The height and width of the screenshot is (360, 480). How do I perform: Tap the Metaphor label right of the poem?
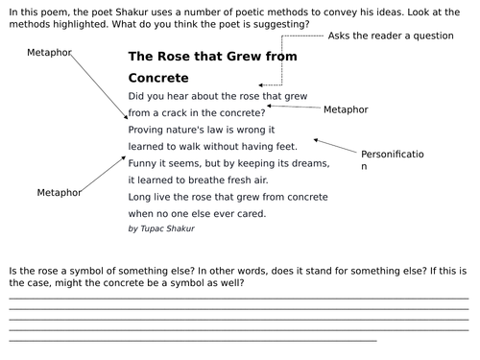pos(346,109)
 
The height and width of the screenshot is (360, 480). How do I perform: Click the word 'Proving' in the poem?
pos(148,129)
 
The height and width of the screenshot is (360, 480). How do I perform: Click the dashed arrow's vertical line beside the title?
pos(282,48)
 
